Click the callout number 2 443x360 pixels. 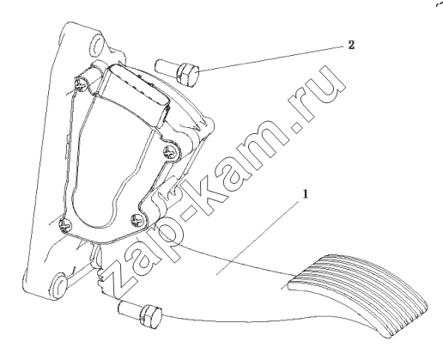pos(351,45)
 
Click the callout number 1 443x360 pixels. pos(306,194)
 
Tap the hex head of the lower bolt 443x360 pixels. pos(151,316)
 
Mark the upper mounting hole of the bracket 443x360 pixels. pos(96,46)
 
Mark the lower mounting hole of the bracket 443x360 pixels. pos(59,285)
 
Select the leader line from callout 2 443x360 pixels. pos(271,58)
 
